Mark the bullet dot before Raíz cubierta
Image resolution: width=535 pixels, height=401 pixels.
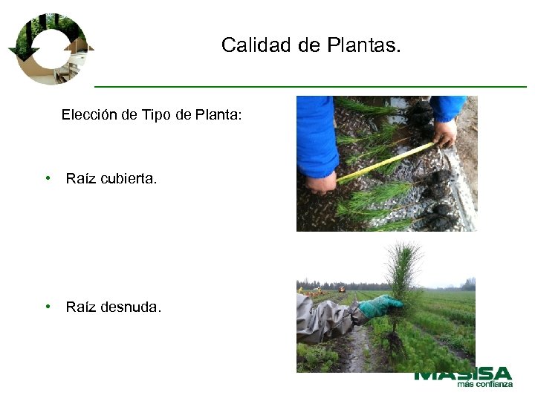(48, 179)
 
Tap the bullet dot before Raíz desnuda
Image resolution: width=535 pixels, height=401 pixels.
(48, 306)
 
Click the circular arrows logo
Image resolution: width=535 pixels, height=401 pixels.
(50, 48)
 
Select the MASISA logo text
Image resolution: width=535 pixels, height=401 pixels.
(463, 374)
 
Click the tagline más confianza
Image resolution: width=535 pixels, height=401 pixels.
(484, 385)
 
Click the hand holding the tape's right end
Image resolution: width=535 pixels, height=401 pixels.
(444, 134)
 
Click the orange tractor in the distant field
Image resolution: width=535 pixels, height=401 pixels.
(342, 288)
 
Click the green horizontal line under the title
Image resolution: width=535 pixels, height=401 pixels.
(311, 87)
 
